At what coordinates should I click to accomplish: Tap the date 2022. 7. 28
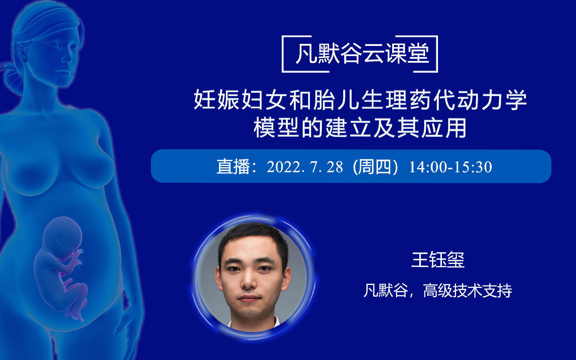[304, 167]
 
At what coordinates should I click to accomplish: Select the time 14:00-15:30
[450, 167]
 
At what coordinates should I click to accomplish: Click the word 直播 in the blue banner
[233, 167]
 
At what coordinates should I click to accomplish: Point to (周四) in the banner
[375, 167]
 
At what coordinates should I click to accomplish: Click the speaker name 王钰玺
[438, 260]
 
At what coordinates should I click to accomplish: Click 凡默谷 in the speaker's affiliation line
[385, 290]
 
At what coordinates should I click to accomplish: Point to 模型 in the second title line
[276, 128]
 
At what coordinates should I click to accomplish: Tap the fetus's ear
[58, 240]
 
